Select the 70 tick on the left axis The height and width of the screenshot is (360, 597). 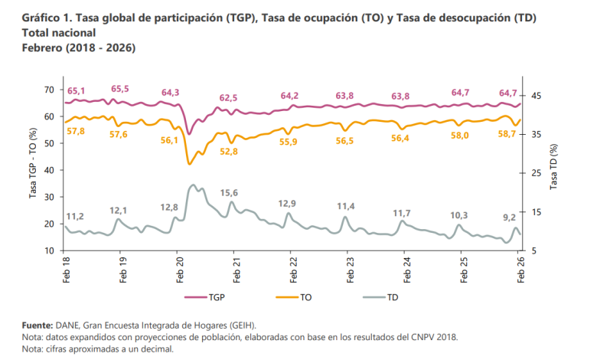pyautogui.click(x=49, y=90)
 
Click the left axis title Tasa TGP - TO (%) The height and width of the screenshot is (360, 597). pyautogui.click(x=33, y=169)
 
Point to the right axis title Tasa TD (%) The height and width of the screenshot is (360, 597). pyautogui.click(x=553, y=169)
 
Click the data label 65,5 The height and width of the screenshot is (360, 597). pyautogui.click(x=120, y=90)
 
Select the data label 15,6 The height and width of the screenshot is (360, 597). pyautogui.click(x=229, y=192)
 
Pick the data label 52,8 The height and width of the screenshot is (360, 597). pyautogui.click(x=229, y=152)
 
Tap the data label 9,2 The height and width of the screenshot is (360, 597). pyautogui.click(x=508, y=218)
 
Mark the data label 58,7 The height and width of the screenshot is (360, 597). pyautogui.click(x=508, y=134)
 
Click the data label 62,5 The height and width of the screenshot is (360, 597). pyautogui.click(x=228, y=98)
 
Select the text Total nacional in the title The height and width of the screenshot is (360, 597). pyautogui.click(x=59, y=34)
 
